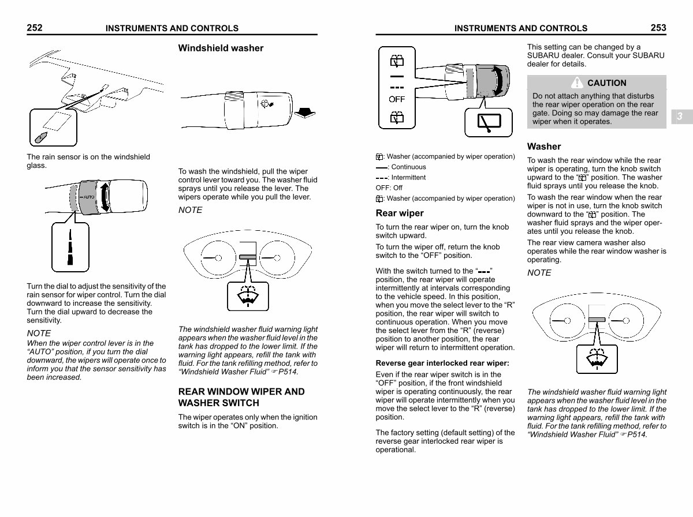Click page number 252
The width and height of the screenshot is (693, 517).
35,27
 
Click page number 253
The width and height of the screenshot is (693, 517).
658,27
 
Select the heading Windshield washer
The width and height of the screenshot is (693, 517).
221,48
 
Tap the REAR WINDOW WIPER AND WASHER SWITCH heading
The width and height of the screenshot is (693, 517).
241,397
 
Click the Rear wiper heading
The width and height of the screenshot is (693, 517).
400,213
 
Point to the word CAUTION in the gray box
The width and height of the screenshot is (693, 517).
606,83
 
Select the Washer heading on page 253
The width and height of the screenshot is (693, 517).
544,147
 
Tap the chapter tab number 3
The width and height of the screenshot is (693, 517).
680,117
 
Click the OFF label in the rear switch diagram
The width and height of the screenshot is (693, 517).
397,99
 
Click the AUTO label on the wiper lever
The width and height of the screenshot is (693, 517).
88,197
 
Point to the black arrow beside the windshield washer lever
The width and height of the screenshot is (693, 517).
304,111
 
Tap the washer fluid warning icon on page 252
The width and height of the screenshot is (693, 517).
248,295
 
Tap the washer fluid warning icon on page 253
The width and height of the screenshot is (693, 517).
597,358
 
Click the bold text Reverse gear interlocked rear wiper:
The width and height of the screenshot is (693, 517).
442,364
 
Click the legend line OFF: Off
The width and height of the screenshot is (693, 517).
389,188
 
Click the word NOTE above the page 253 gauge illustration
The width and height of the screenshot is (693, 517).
539,273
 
